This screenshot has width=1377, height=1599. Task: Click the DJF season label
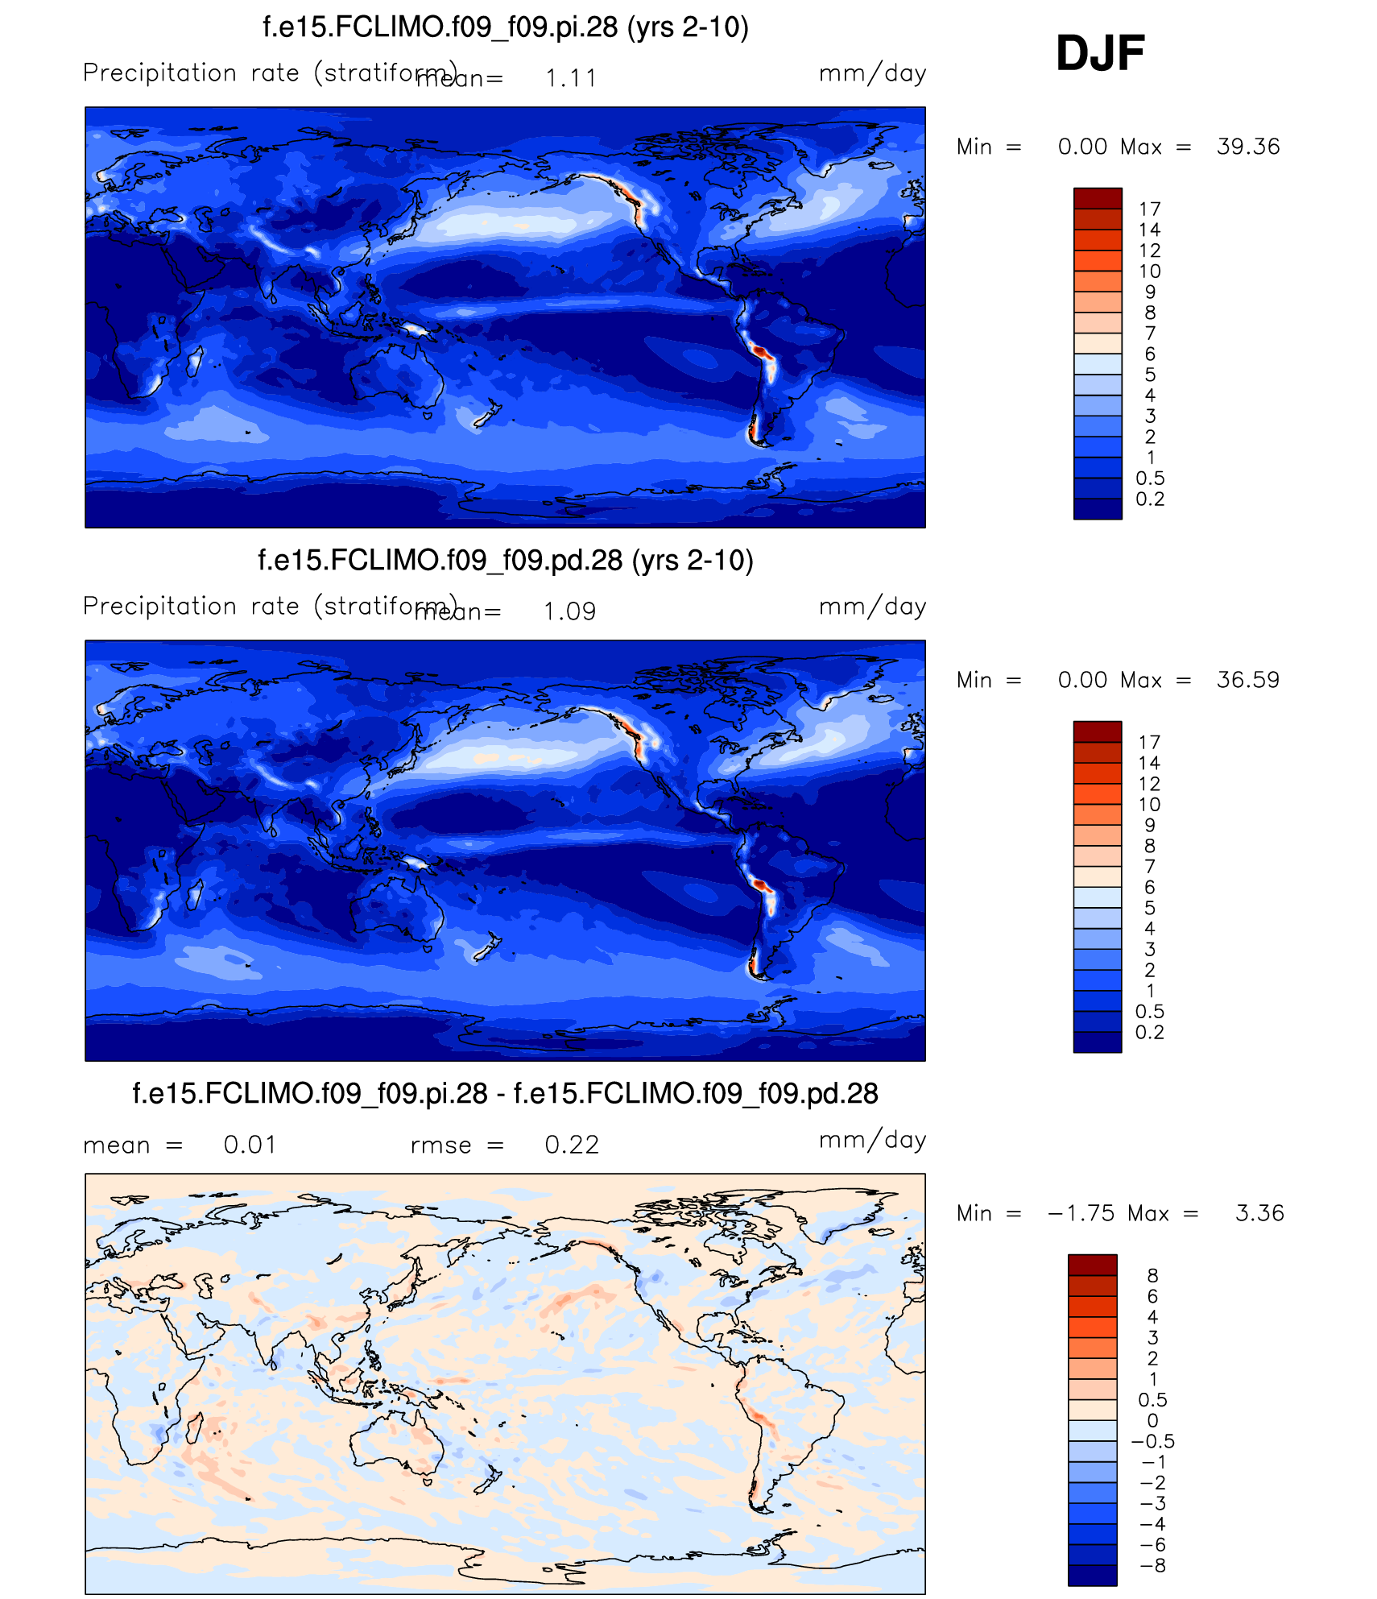[x=1100, y=53]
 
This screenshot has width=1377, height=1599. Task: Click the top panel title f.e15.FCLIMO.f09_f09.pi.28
[x=506, y=27]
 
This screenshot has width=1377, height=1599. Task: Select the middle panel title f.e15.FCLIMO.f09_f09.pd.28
[x=506, y=561]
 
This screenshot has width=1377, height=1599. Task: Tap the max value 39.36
[x=1248, y=147]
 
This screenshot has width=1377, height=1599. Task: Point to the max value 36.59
[x=1248, y=680]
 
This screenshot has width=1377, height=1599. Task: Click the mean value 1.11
[x=571, y=78]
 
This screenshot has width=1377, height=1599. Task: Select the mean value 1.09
[x=569, y=611]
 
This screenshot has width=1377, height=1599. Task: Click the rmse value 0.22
[x=572, y=1145]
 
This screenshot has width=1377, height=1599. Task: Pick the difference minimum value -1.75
[x=1081, y=1213]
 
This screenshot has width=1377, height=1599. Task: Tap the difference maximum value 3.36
[x=1259, y=1213]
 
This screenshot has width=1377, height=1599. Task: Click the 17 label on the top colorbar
[x=1150, y=209]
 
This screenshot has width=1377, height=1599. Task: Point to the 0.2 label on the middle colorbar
[x=1150, y=1033]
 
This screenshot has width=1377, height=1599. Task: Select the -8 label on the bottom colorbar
[x=1153, y=1566]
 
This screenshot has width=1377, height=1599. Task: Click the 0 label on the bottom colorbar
[x=1153, y=1421]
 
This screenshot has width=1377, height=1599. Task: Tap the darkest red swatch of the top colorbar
[x=1098, y=198]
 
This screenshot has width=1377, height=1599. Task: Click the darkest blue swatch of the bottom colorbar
[x=1093, y=1576]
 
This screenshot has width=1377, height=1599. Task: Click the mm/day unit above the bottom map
[x=872, y=1140]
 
